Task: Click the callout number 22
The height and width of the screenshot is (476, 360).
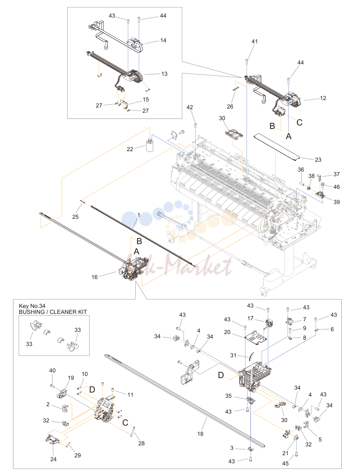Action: (130, 149)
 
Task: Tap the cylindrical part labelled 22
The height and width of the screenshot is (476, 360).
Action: (150, 145)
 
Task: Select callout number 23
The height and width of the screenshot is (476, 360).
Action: (318, 160)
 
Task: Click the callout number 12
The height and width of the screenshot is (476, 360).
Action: (323, 98)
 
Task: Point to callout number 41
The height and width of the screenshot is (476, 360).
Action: (255, 41)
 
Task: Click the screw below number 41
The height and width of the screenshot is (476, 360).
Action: (247, 61)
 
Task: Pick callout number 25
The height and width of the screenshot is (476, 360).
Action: (75, 217)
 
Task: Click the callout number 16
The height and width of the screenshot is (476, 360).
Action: (94, 277)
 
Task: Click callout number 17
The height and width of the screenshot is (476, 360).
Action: (250, 318)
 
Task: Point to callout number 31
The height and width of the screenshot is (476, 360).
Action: (233, 355)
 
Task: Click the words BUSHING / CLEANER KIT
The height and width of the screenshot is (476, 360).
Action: (53, 312)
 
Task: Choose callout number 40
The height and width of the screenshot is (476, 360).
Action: (52, 370)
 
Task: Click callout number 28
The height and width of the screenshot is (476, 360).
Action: (141, 443)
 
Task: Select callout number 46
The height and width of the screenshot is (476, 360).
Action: (336, 187)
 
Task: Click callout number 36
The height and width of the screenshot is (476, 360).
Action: (301, 169)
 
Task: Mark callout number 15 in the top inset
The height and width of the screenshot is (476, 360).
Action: (146, 100)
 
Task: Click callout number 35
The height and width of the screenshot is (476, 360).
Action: (229, 396)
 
